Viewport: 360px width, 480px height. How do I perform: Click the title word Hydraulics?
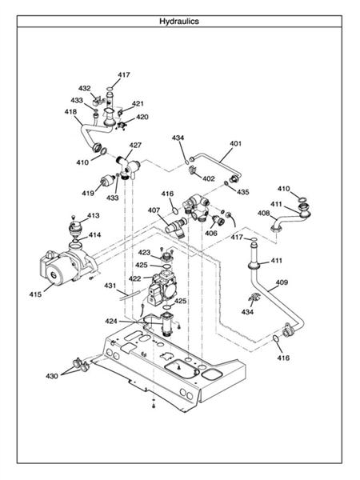click(x=179, y=22)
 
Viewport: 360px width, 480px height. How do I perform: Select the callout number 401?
click(x=235, y=145)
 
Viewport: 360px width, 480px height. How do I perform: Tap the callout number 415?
click(x=35, y=295)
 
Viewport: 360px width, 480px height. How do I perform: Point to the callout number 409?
click(x=282, y=282)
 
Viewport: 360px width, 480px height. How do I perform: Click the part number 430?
click(x=52, y=375)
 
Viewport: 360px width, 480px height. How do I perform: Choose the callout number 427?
click(x=136, y=146)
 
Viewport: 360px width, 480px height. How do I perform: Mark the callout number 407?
click(x=154, y=210)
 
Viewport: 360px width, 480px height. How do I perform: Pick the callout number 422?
click(x=135, y=278)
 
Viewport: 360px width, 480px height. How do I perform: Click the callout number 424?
click(x=112, y=321)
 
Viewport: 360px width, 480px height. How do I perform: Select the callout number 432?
click(x=85, y=88)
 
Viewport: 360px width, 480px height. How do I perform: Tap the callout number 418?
click(x=71, y=113)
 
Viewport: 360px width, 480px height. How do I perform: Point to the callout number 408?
click(x=263, y=214)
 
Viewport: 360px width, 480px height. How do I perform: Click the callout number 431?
click(x=110, y=286)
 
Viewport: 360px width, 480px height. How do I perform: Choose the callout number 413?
click(x=94, y=216)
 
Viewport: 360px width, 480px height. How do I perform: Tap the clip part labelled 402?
click(x=194, y=169)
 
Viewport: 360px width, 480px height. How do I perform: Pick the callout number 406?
click(x=211, y=233)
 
